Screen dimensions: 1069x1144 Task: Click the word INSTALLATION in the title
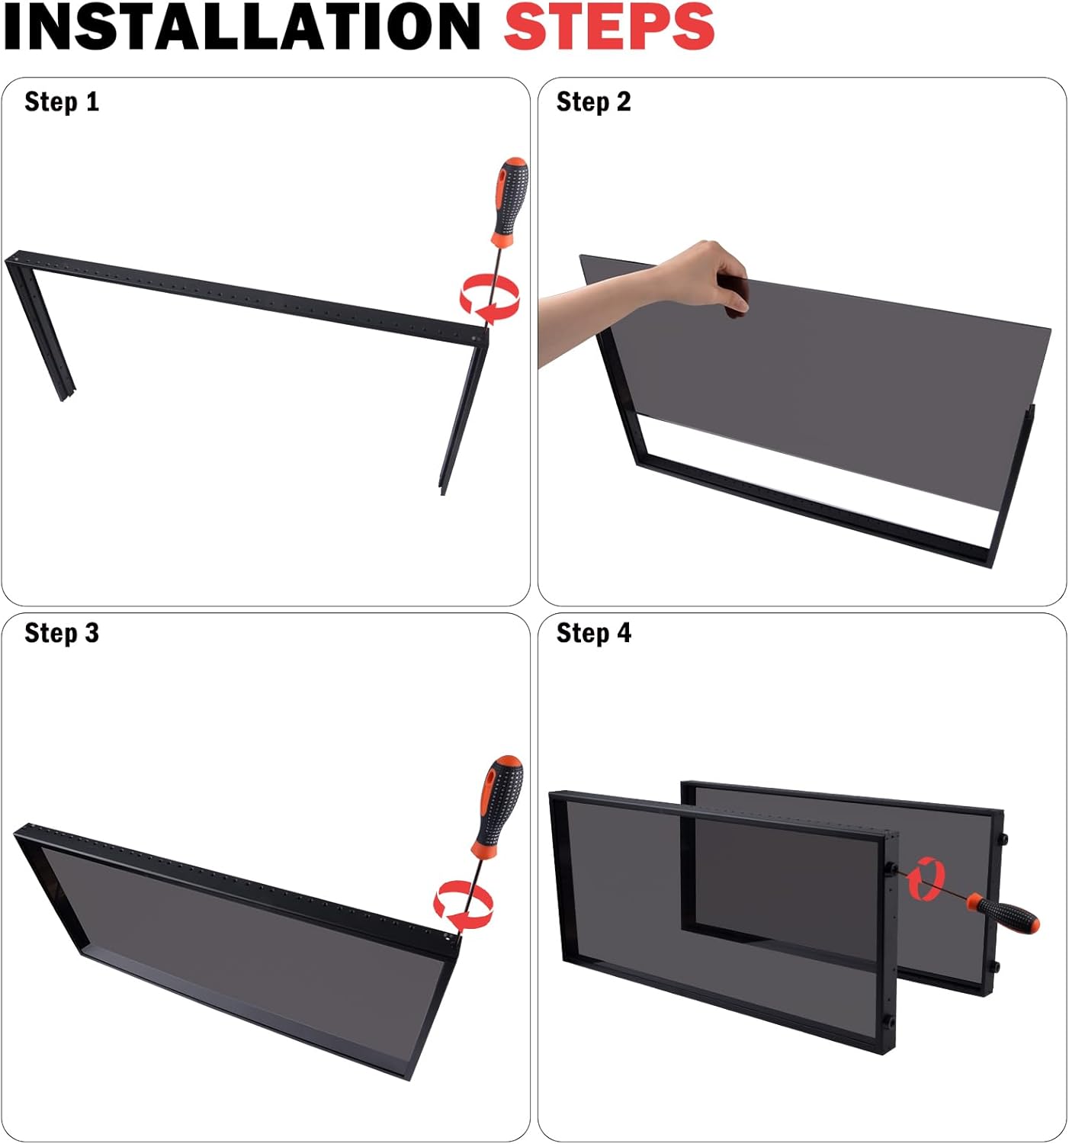point(242,26)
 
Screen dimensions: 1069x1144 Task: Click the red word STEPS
point(609,26)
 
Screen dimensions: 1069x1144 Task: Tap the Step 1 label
point(62,102)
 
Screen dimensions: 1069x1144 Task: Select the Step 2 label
point(594,102)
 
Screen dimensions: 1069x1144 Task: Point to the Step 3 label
point(62,633)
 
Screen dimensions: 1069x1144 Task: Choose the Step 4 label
point(594,633)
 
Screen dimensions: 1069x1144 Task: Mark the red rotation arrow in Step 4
point(926,879)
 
